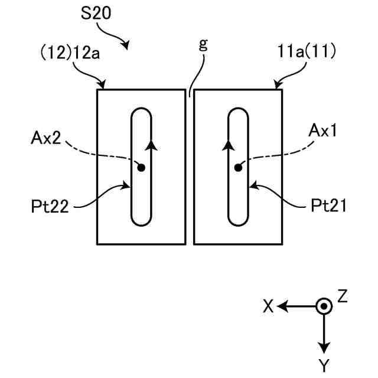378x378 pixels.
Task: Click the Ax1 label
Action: pos(322,132)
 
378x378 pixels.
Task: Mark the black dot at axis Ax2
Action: pos(141,168)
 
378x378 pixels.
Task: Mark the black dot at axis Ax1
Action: pos(238,168)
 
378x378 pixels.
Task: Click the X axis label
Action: pos(268,307)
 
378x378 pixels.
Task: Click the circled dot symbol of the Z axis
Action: pos(324,306)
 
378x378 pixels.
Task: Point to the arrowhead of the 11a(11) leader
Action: pos(275,87)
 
